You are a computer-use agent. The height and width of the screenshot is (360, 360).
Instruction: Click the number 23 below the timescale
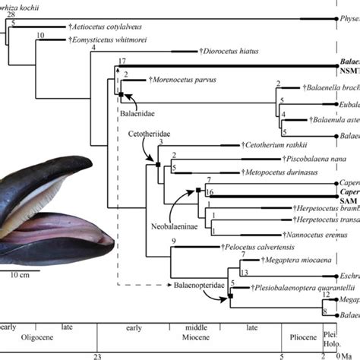pyautogui.click(x=96, y=355)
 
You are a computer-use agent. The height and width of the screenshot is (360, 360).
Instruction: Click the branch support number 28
pyautogui.click(x=10, y=14)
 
